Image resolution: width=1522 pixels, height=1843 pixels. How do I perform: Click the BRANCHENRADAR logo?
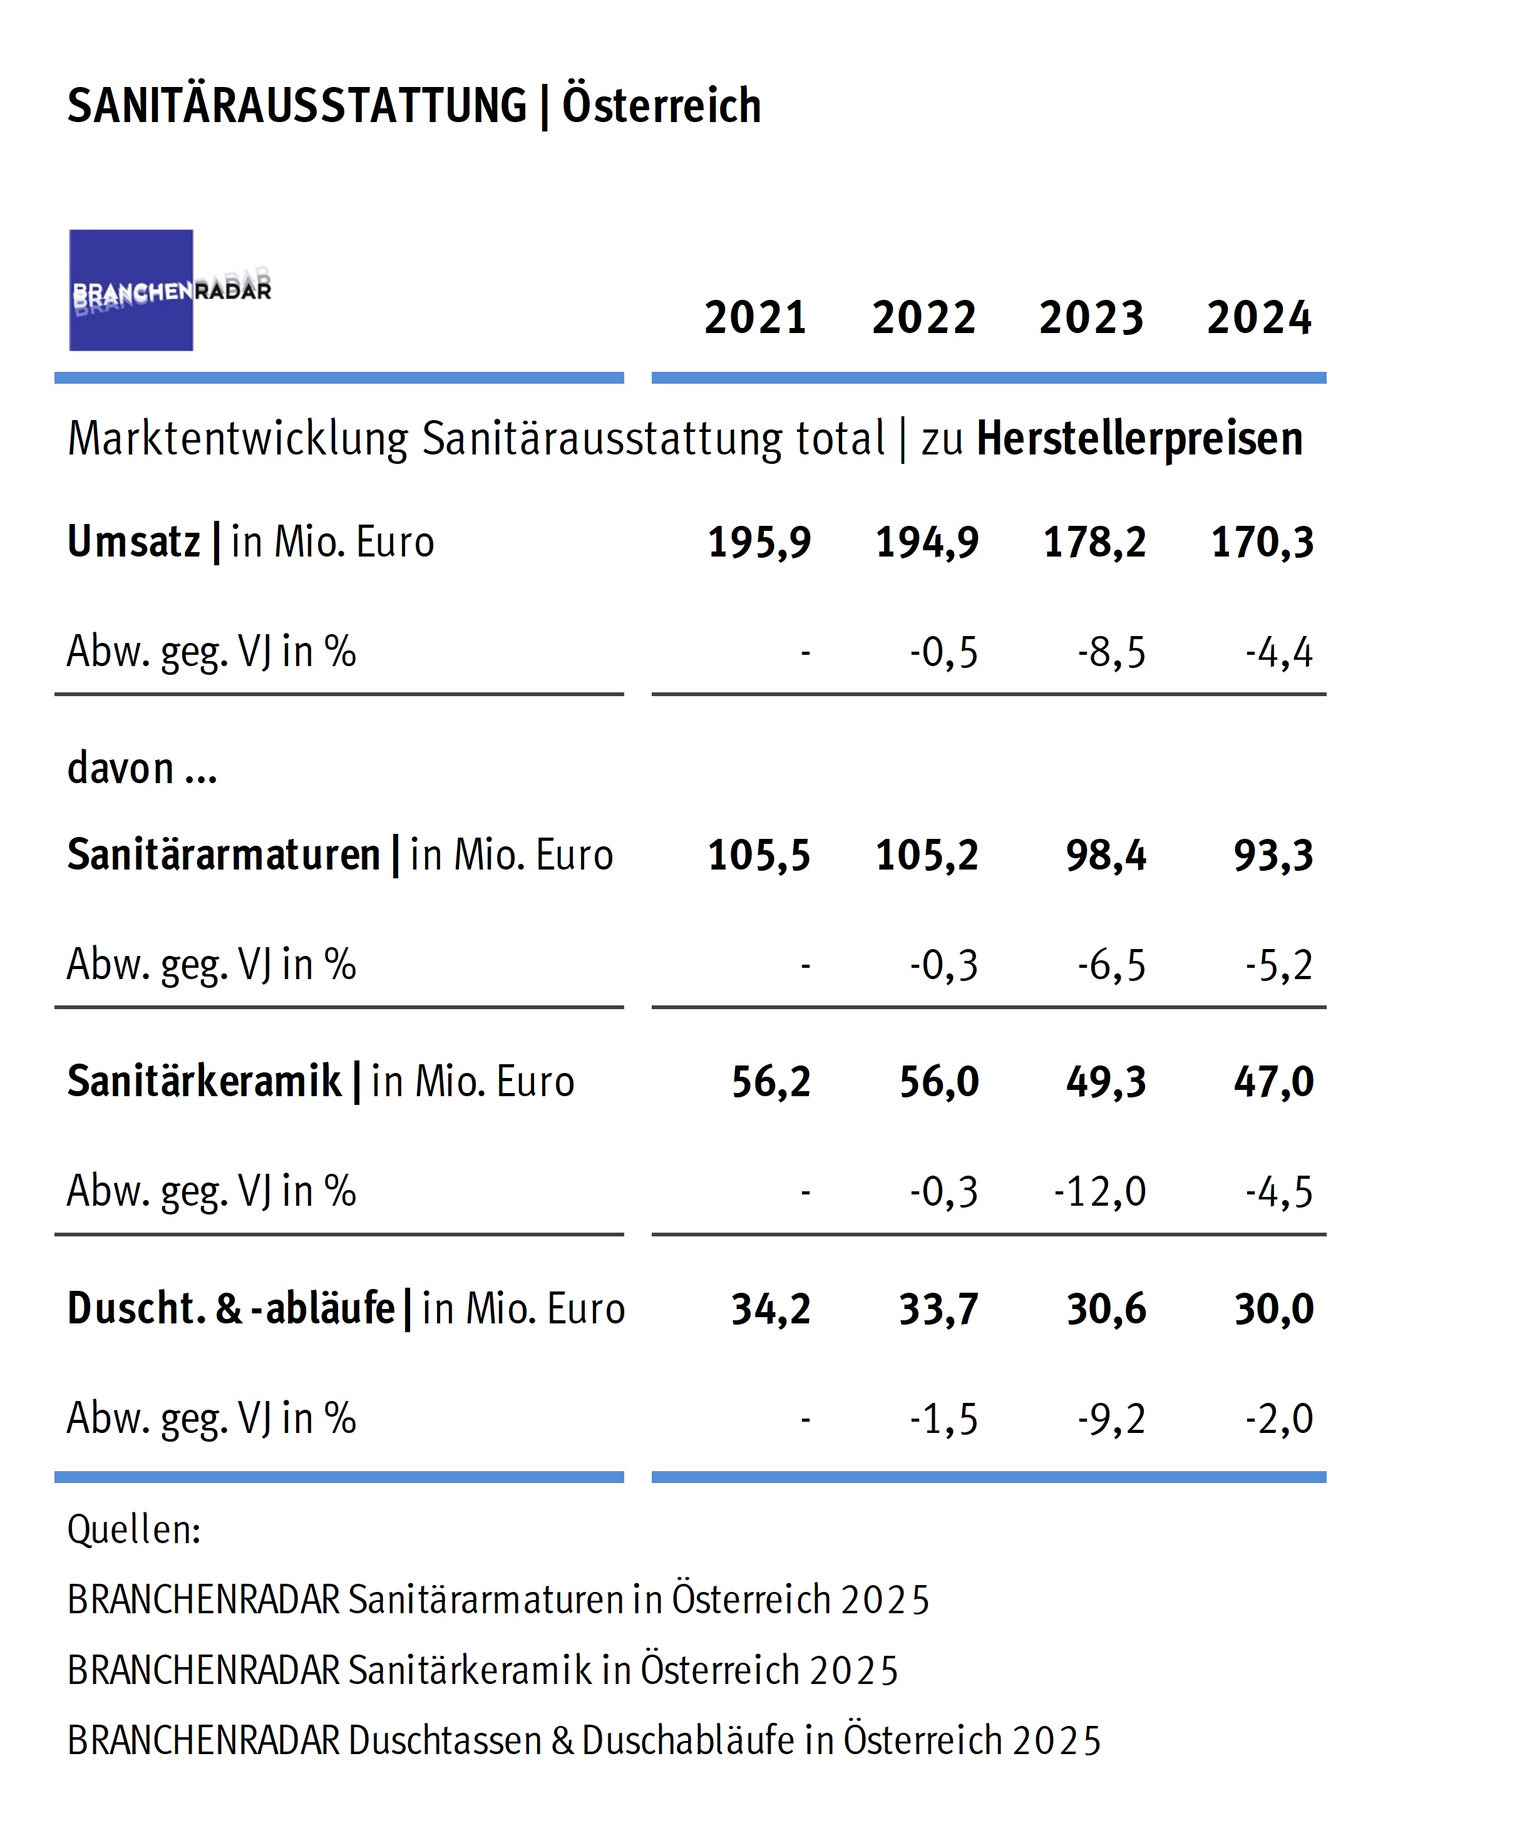(170, 290)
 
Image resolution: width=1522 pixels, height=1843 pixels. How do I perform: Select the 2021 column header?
(755, 317)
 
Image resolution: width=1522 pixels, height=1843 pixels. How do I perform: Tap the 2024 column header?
(1259, 317)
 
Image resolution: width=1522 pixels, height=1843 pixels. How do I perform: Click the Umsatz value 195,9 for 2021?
(759, 542)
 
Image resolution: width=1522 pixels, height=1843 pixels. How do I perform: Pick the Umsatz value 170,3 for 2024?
(1262, 542)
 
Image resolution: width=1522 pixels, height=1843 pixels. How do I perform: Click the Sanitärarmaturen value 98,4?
(1106, 855)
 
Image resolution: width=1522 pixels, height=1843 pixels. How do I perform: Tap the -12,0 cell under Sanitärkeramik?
(1100, 1191)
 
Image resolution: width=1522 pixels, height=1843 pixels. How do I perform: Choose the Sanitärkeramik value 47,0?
(1274, 1081)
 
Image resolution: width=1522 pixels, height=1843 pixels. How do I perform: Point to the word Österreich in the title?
(661, 105)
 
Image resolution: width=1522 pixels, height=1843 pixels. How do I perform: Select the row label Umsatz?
(134, 542)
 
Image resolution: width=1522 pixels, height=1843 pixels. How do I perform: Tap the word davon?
(120, 768)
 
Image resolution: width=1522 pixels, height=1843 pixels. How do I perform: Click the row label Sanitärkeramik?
(204, 1081)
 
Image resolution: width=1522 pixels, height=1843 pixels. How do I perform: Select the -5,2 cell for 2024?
(1279, 965)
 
